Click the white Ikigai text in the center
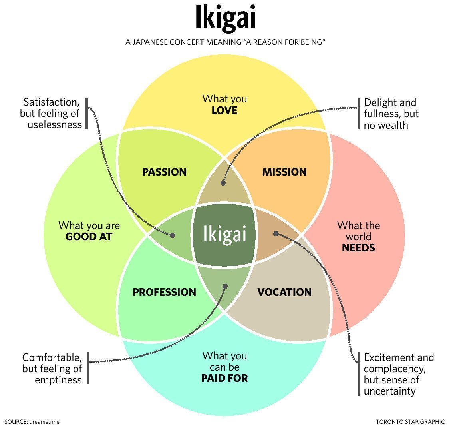coord(224,234)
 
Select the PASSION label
coord(164,172)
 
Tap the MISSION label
coord(284,172)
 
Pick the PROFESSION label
coord(164,292)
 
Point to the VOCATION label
coord(284,292)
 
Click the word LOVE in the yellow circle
coord(224,110)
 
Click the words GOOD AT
coord(89,237)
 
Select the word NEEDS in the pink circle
coord(358,248)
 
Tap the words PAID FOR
coord(224,378)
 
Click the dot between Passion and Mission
coord(223,183)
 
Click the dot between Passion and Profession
coord(172,235)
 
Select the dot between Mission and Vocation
coord(275,233)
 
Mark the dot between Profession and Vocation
coord(225,286)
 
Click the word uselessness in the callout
coord(55,124)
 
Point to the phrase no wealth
coord(385,125)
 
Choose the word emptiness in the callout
coord(58,379)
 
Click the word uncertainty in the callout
coord(389,391)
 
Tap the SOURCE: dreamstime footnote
coord(32,421)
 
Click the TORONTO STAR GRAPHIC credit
coord(410,421)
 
